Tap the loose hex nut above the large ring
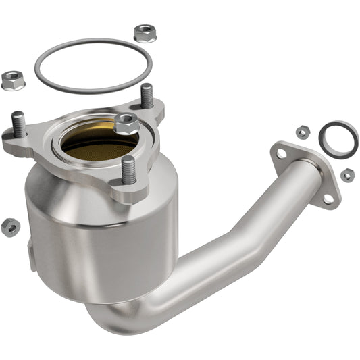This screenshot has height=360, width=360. click(144, 32)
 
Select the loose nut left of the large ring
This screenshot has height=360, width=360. click(12, 80)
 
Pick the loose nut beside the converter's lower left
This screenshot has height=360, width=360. click(10, 227)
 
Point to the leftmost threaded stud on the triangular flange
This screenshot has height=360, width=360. click(19, 124)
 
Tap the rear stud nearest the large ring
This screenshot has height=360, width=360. click(147, 97)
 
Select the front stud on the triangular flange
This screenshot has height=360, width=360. click(128, 170)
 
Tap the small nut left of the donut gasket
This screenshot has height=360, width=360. click(302, 132)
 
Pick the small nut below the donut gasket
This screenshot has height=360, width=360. click(346, 175)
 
